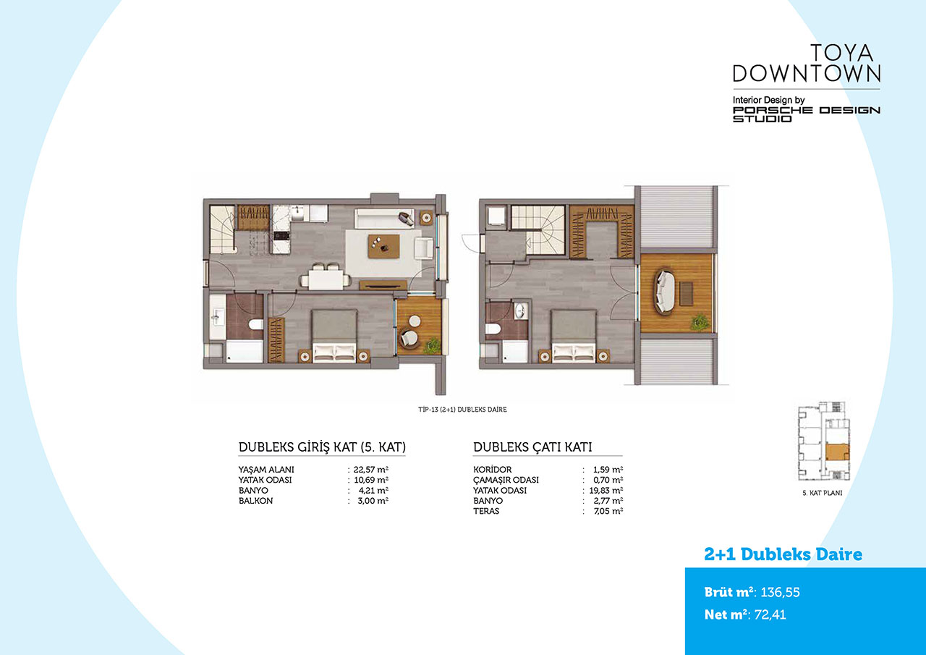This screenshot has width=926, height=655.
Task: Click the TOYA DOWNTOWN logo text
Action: click(x=807, y=63)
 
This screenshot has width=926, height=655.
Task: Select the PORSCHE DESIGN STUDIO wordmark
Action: click(x=807, y=114)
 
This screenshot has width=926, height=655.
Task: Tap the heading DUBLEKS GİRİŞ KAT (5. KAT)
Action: click(x=322, y=447)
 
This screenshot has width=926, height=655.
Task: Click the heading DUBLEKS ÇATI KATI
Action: click(x=532, y=447)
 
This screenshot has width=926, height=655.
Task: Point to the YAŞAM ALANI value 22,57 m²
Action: click(x=371, y=470)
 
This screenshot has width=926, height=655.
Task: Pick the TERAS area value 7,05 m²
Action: click(x=608, y=511)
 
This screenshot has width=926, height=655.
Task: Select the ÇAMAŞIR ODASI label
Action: click(x=506, y=480)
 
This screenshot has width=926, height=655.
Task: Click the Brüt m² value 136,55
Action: click(x=780, y=592)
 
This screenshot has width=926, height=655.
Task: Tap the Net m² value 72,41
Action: click(x=770, y=614)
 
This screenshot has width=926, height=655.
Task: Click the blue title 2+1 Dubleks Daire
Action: click(x=783, y=554)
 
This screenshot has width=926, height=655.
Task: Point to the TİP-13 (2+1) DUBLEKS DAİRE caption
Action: click(x=462, y=410)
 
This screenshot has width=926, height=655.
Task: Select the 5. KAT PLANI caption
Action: click(x=823, y=493)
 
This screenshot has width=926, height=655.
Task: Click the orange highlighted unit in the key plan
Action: click(x=837, y=452)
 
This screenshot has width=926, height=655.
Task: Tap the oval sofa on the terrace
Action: click(x=664, y=291)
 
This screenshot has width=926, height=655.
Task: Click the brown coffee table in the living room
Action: click(x=383, y=247)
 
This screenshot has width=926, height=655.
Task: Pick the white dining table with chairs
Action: click(x=326, y=277)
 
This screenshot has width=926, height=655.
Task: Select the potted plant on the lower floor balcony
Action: click(x=433, y=346)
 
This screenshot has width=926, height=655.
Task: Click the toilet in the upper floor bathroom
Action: click(x=493, y=329)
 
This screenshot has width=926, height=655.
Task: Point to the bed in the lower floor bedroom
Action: click(x=334, y=336)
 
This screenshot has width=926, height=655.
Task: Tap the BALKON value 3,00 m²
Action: click(x=373, y=501)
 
